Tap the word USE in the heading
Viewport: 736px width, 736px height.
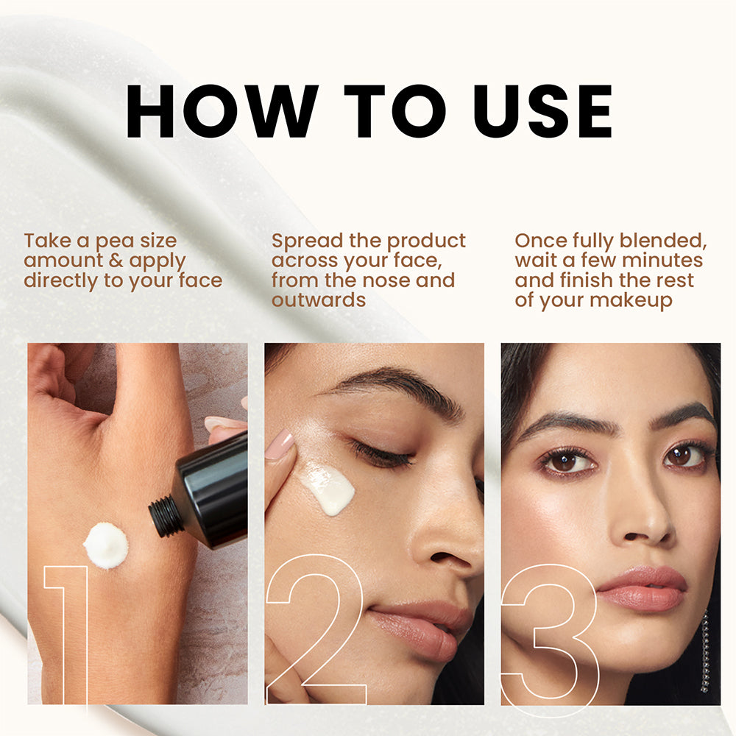(x=542, y=111)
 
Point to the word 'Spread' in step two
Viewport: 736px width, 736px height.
(x=308, y=242)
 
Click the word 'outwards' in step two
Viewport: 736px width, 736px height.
(x=319, y=300)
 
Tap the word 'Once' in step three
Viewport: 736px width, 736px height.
(x=540, y=241)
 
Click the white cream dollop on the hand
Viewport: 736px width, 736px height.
(x=106, y=545)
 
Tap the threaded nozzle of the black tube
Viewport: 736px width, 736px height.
(x=165, y=517)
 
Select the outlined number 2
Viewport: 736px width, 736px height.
(x=314, y=630)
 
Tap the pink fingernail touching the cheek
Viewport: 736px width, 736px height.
(x=280, y=444)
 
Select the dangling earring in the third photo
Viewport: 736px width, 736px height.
(x=704, y=651)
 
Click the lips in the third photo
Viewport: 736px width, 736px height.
(x=642, y=589)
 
